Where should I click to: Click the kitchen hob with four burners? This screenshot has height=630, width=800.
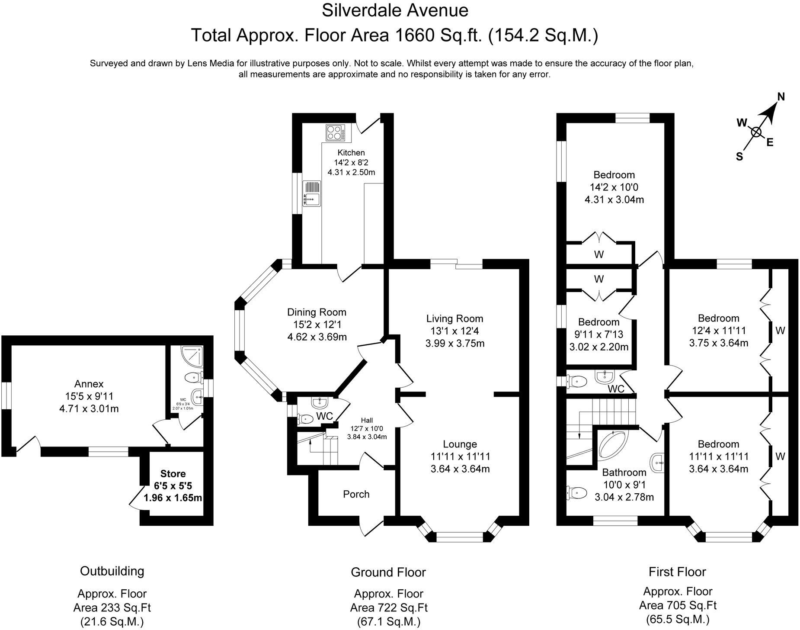[335, 132]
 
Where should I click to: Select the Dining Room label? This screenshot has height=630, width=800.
[317, 312]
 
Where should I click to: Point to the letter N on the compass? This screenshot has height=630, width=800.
[781, 97]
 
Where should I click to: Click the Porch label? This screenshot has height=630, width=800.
[356, 494]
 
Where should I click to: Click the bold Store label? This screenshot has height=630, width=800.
[173, 473]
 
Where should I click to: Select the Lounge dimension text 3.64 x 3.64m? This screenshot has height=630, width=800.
[460, 469]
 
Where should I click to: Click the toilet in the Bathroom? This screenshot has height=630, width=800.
[576, 492]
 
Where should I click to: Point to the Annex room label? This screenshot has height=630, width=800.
[89, 384]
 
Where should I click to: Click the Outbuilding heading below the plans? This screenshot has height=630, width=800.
[112, 571]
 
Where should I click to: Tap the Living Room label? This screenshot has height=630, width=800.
[454, 319]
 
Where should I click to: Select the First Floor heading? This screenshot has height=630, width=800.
[677, 572]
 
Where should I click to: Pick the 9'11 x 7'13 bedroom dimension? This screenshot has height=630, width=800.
[598, 334]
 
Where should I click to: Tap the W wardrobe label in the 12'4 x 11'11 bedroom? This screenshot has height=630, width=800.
[780, 331]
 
